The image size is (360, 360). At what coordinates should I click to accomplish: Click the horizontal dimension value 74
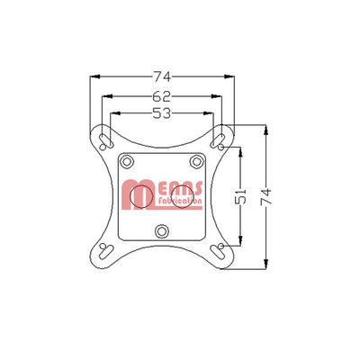point(162,76)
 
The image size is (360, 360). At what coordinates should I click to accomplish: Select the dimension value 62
point(162,96)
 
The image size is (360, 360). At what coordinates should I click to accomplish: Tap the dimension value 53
point(162,113)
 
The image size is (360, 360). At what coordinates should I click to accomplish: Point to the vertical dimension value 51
point(240,196)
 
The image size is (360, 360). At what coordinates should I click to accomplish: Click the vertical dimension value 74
point(266,197)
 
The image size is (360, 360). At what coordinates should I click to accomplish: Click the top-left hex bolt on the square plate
point(127,162)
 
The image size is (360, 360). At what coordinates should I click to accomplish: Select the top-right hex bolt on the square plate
point(196,162)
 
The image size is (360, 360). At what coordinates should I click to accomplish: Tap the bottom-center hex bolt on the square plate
point(162,231)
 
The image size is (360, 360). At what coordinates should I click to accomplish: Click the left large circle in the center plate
point(141,197)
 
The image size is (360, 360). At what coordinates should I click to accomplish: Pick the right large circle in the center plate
point(182,196)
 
